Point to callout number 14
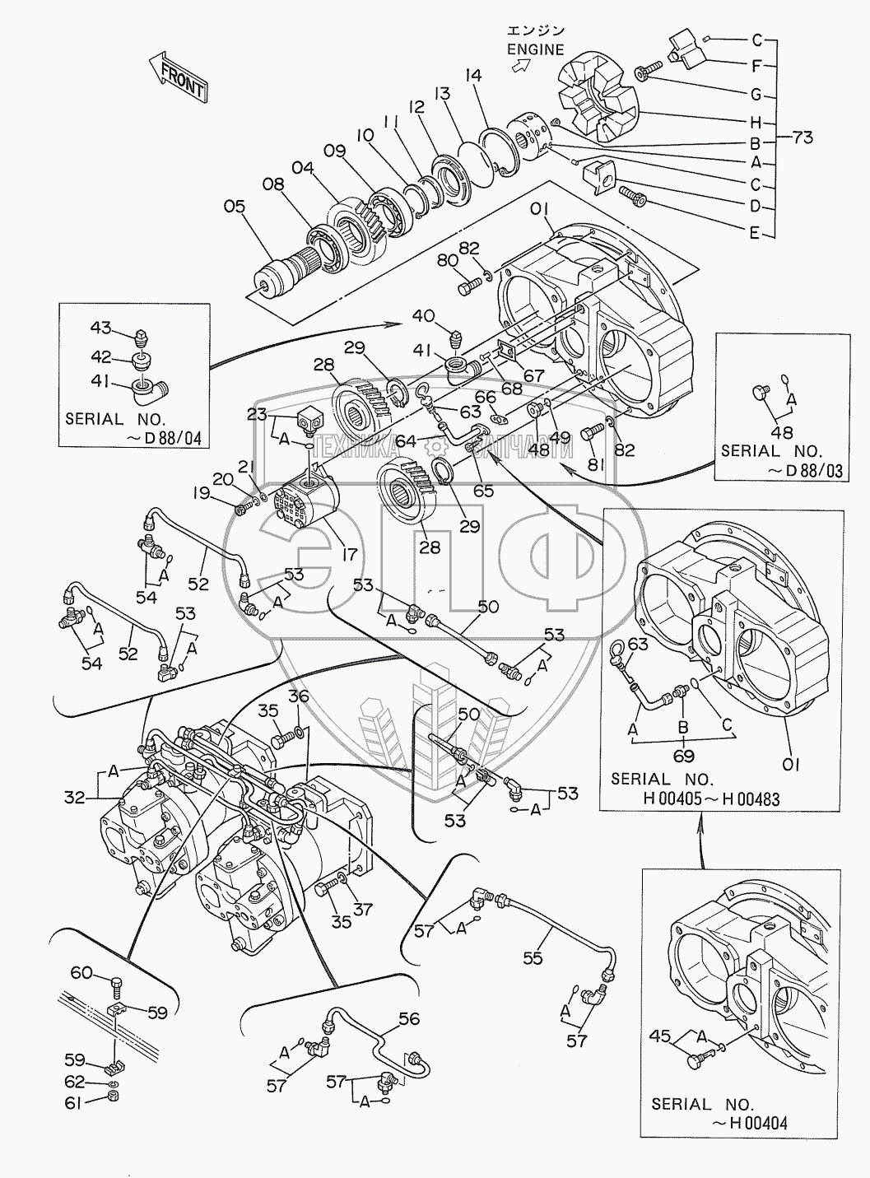click(x=472, y=76)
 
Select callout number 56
click(x=409, y=1020)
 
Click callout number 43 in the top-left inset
click(x=100, y=329)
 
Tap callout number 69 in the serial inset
click(x=684, y=756)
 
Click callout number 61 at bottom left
click(x=74, y=1104)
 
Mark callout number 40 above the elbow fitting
click(x=423, y=315)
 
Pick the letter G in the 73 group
click(x=756, y=93)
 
